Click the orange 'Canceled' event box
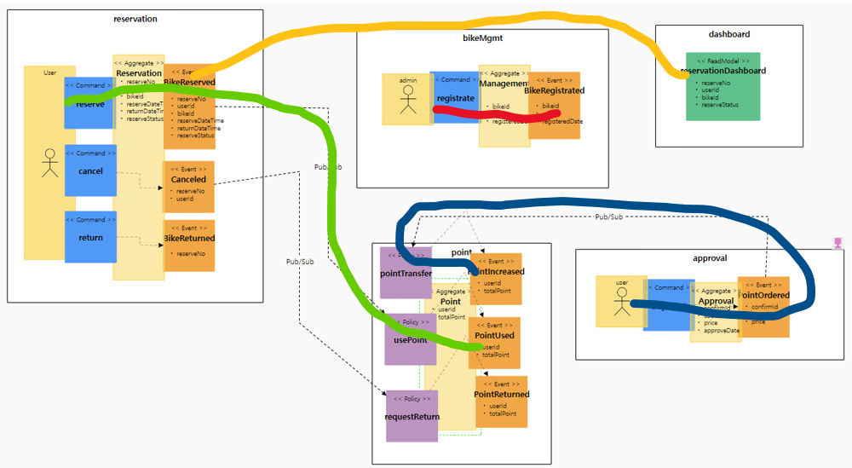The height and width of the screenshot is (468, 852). click(188, 187)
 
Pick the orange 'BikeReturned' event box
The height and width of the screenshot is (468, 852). click(189, 245)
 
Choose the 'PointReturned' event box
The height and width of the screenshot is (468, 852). click(502, 402)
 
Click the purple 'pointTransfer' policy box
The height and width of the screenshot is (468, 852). click(405, 273)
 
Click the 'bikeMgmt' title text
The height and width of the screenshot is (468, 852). click(482, 38)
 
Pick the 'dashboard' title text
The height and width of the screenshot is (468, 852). click(728, 34)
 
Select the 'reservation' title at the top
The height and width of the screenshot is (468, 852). click(135, 19)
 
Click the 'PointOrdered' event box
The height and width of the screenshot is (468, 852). click(764, 306)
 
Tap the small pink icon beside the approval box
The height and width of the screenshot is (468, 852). click(838, 244)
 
